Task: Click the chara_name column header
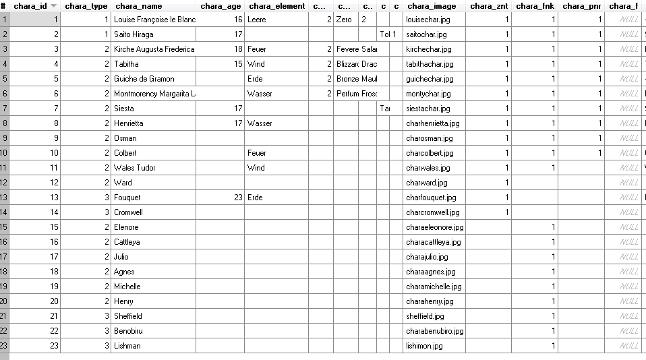tap(138, 6)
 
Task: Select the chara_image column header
tap(432, 6)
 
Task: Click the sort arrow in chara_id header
tap(53, 6)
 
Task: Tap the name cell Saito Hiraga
tap(134, 34)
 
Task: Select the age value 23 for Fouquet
tap(237, 198)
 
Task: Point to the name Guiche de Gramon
tap(144, 79)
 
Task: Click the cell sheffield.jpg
tap(425, 316)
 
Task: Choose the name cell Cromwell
tap(128, 212)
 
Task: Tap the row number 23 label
tap(5, 346)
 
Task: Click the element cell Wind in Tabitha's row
tap(256, 64)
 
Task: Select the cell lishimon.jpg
tap(424, 346)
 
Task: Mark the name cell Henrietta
tap(129, 123)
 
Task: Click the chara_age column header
tap(221, 6)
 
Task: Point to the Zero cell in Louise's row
tap(344, 20)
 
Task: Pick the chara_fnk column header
tap(535, 6)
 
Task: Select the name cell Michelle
tap(127, 287)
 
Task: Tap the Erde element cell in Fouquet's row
tap(255, 198)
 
